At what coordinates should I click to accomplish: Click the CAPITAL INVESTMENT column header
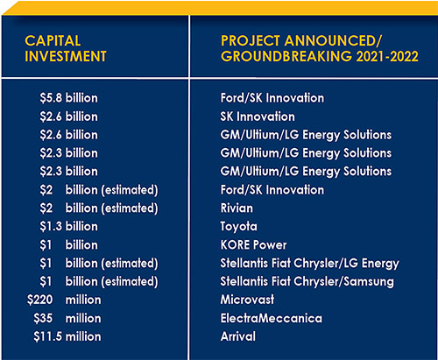(x=66, y=48)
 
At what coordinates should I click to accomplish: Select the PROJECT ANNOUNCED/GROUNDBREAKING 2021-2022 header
(x=320, y=48)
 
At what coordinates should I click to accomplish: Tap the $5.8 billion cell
(x=69, y=98)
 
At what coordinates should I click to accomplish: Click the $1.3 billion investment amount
(x=69, y=227)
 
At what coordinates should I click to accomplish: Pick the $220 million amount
(x=64, y=300)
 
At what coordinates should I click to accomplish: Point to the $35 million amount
(x=67, y=318)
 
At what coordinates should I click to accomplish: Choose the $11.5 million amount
(x=67, y=336)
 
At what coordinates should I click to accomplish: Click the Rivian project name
(x=237, y=208)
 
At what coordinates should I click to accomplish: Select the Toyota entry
(x=239, y=227)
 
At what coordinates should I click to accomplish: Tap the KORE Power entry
(x=253, y=245)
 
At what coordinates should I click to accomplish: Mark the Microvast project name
(x=247, y=300)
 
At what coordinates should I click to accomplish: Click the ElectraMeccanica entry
(x=272, y=318)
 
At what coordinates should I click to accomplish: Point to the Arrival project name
(x=238, y=336)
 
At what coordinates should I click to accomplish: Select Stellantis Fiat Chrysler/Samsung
(x=307, y=282)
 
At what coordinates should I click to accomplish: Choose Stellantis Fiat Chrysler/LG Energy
(x=310, y=264)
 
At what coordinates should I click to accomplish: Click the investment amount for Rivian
(x=99, y=208)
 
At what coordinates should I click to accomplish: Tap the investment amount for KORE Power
(x=69, y=245)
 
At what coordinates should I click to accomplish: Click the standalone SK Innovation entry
(x=258, y=116)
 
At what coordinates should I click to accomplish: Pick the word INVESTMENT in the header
(x=66, y=56)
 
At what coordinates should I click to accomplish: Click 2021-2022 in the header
(x=387, y=56)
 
